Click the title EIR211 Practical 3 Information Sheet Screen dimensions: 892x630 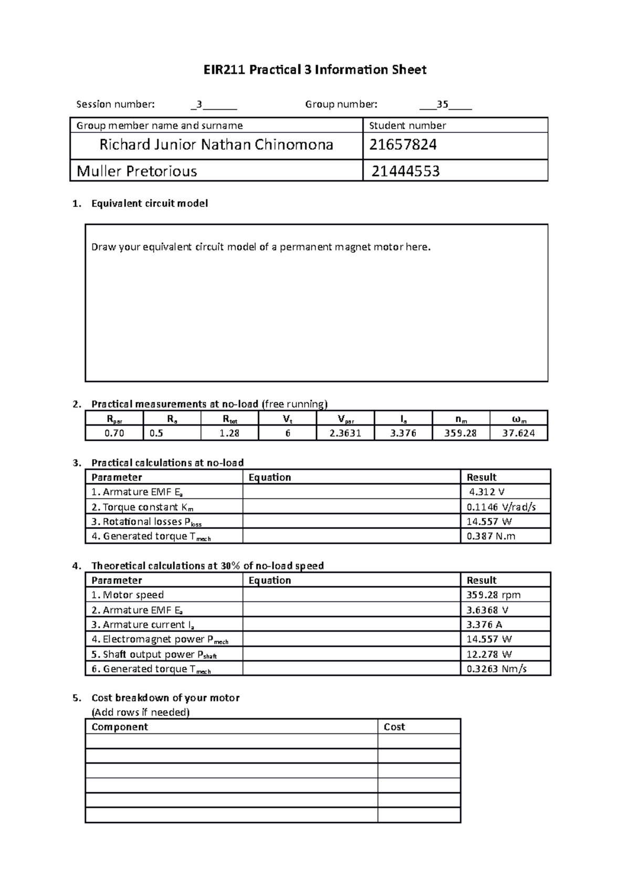[x=315, y=70]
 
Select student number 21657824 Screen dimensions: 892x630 [x=403, y=144]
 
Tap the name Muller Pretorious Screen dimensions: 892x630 [x=137, y=171]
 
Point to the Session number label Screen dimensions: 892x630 [x=115, y=104]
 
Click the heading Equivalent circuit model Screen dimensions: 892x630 [x=150, y=203]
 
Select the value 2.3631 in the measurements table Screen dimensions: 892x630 [x=345, y=433]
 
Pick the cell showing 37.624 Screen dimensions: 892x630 [x=518, y=433]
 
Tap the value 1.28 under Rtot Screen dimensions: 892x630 [x=229, y=433]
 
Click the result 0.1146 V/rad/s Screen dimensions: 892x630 [x=501, y=507]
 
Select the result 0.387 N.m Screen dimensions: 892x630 [x=491, y=536]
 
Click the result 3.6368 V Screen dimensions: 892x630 [x=487, y=610]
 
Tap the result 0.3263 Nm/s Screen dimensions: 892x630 [x=497, y=669]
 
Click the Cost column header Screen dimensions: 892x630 [x=394, y=727]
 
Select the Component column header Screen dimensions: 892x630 [x=120, y=727]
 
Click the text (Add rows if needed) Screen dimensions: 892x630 [x=140, y=712]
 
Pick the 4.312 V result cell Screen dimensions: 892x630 [x=487, y=492]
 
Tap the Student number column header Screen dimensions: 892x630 [x=407, y=126]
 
